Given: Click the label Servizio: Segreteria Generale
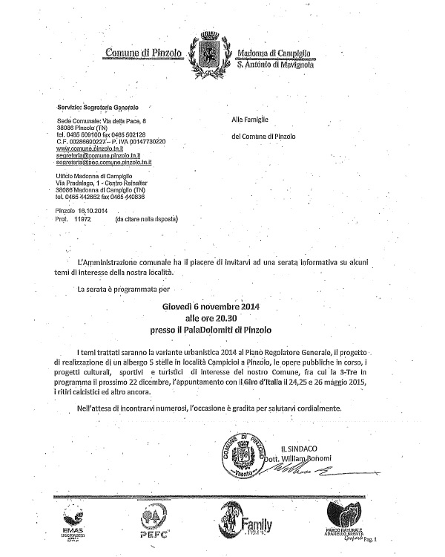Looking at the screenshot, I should tap(101, 108).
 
